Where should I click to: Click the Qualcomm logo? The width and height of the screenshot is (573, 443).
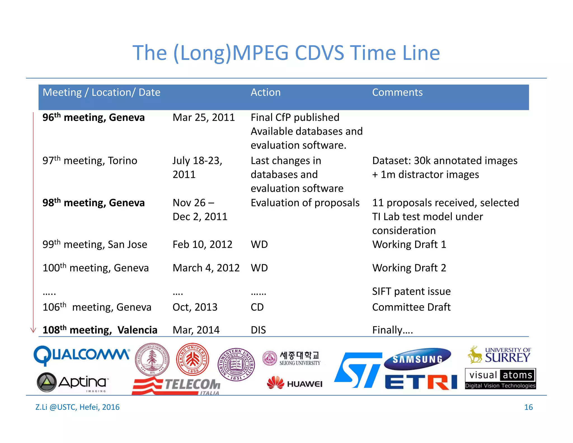click(x=81, y=355)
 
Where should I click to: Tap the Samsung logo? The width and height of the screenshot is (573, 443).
click(x=417, y=359)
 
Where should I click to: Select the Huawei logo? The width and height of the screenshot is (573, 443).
click(x=295, y=383)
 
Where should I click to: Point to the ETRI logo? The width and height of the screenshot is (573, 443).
click(x=421, y=382)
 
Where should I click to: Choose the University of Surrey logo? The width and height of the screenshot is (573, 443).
click(x=499, y=355)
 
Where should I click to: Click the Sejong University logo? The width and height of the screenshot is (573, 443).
click(x=292, y=358)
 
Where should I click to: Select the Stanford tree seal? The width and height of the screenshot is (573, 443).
click(x=152, y=360)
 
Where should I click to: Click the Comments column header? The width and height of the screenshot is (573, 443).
click(x=397, y=92)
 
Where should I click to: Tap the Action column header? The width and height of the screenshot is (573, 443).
click(x=265, y=92)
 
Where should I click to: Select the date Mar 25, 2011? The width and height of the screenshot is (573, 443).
click(x=203, y=117)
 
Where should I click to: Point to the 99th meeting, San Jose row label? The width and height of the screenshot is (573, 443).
click(x=95, y=244)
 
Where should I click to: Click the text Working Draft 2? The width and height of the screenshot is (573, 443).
click(x=409, y=268)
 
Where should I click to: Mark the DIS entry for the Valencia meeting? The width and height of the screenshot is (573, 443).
click(x=258, y=330)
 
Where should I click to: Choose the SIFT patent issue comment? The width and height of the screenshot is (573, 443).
click(x=411, y=292)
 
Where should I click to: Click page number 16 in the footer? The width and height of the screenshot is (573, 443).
click(x=528, y=407)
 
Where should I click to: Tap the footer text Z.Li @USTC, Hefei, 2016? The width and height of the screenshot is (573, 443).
click(x=77, y=407)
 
